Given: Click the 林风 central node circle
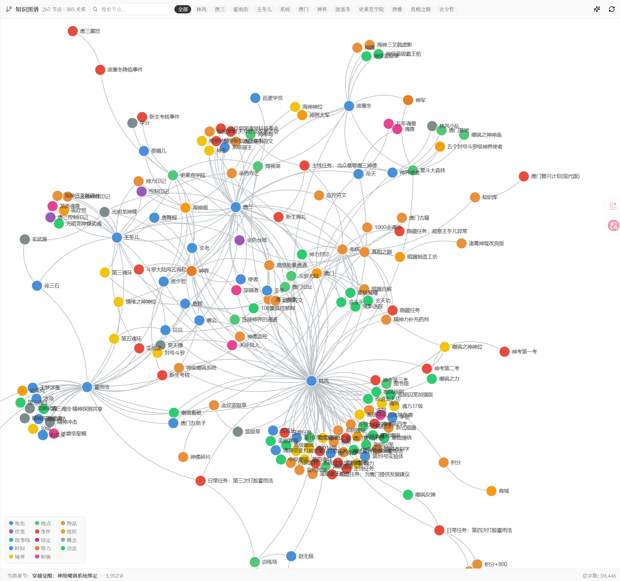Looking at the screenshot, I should [x=311, y=381].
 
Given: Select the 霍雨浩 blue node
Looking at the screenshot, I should [x=87, y=387].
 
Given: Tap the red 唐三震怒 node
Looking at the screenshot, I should [x=73, y=31].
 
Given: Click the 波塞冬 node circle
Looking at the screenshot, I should [x=349, y=106].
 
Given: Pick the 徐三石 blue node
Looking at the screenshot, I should [x=37, y=286].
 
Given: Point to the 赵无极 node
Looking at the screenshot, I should [x=291, y=556].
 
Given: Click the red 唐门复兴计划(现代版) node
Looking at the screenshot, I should [x=524, y=176].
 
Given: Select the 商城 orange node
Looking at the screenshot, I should [x=491, y=491].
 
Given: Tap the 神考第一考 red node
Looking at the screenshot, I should [x=504, y=351].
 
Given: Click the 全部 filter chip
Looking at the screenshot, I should [x=183, y=9].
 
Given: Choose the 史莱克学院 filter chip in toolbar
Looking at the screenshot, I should [x=371, y=9].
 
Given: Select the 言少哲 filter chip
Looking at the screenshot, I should [x=446, y=9].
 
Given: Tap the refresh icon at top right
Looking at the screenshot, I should [x=611, y=9].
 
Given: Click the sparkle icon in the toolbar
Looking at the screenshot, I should [x=597, y=9].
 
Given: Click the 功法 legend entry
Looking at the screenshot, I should [x=69, y=548].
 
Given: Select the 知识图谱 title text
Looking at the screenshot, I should [x=27, y=9].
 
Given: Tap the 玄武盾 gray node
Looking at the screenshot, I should [x=25, y=239].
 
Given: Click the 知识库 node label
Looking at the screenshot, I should [x=489, y=197].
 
